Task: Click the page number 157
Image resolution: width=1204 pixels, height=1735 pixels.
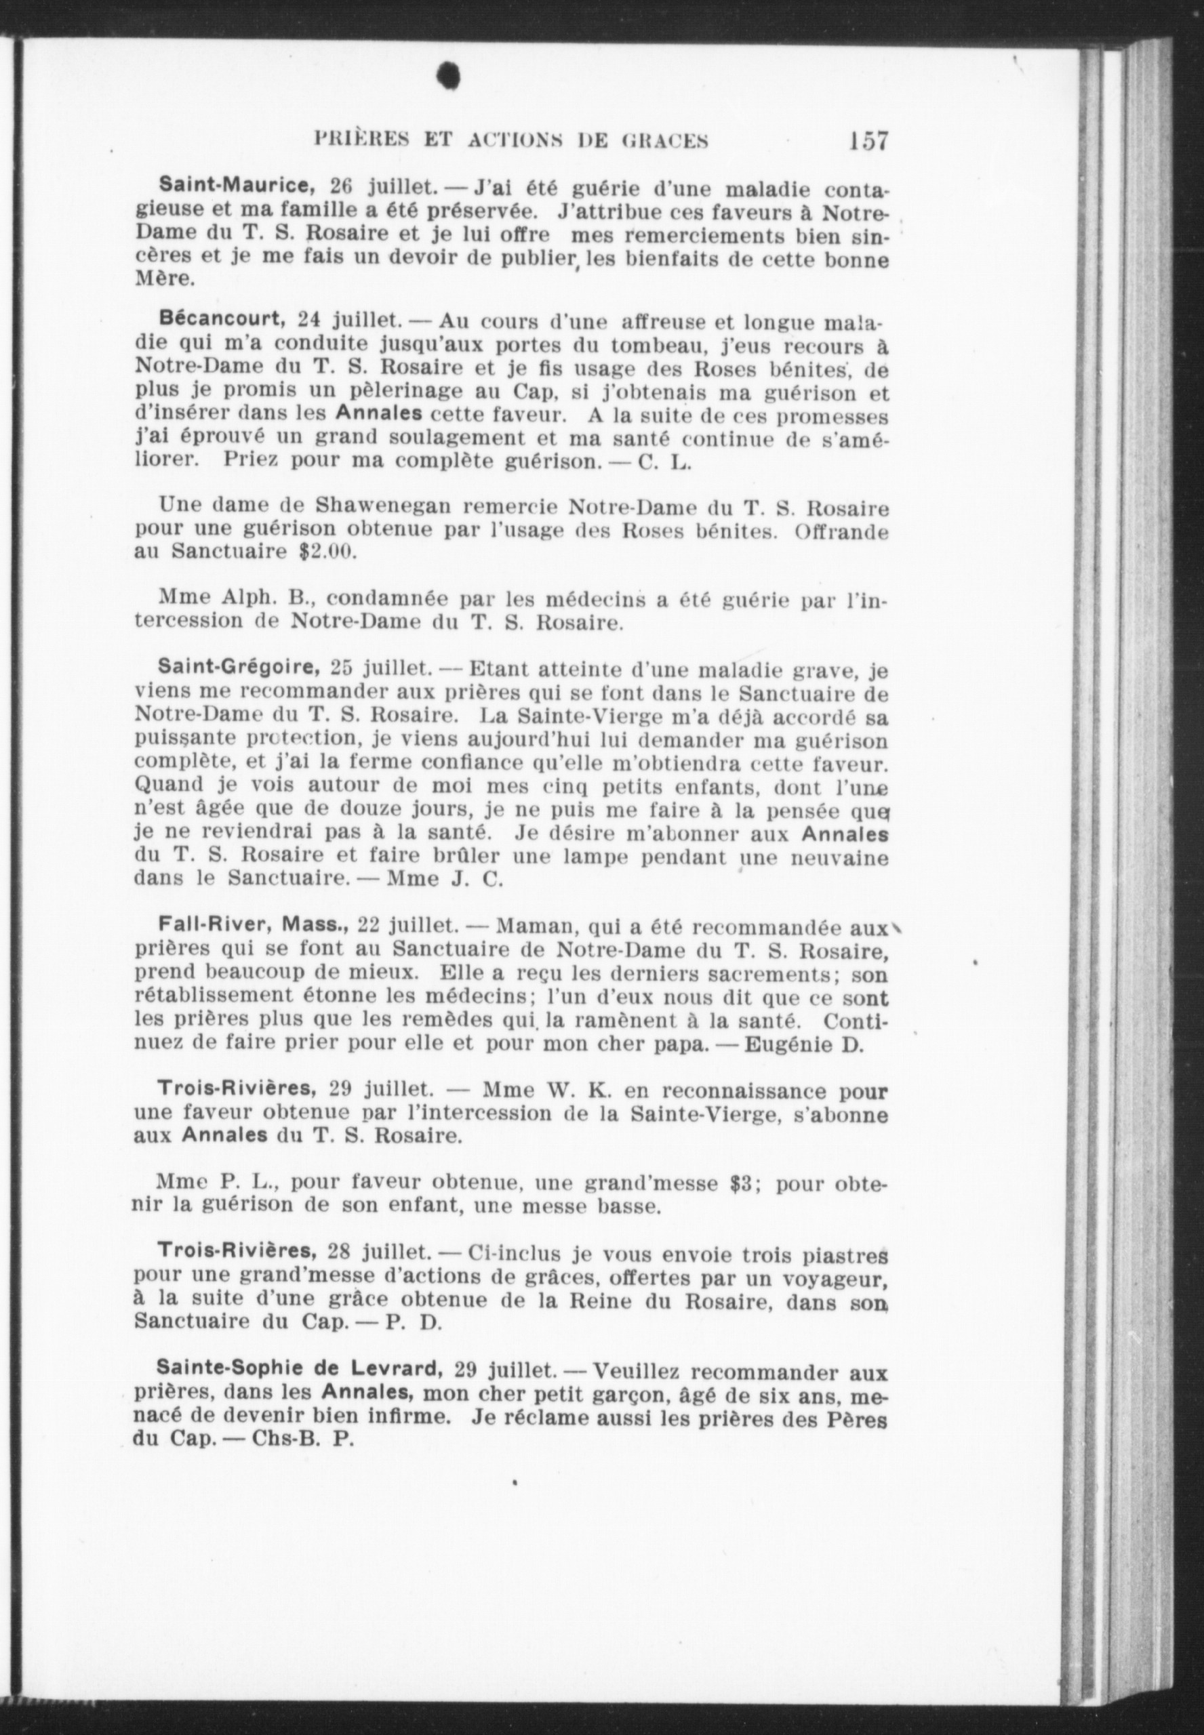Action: [868, 142]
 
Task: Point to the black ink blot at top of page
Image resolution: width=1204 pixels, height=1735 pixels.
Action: [450, 76]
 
